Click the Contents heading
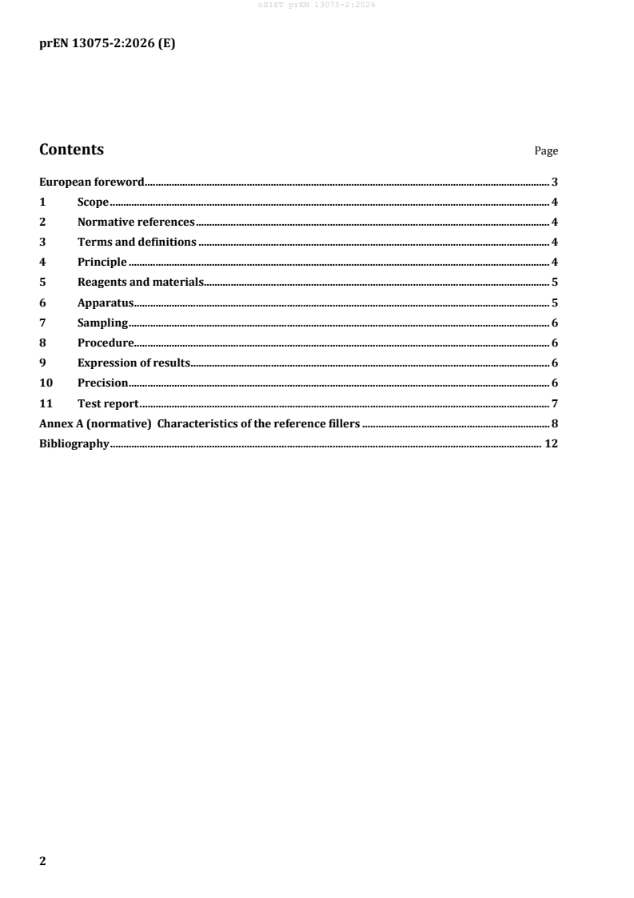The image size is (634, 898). pos(71,150)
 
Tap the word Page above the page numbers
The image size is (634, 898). pos(546,151)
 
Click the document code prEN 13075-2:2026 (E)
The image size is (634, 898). pos(107,44)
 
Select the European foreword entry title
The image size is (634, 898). pos(91,182)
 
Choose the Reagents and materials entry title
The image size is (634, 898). pos(141,282)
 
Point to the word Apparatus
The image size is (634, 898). pos(105,303)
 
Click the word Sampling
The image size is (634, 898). pos(103,323)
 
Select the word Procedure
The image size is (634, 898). pos(106,343)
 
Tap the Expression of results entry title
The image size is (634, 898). pos(133,363)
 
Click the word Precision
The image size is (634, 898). pos(103,383)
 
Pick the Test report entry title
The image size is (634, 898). pos(108,403)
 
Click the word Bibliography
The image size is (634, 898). pos(74,443)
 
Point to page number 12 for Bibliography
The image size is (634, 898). pos(550,443)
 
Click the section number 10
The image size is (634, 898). pos(46,383)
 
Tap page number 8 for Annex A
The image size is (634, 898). pos(554,423)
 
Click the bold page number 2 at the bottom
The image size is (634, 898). pos(43,861)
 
